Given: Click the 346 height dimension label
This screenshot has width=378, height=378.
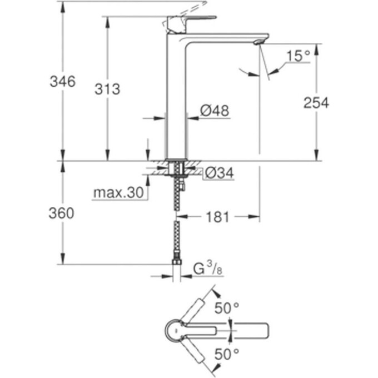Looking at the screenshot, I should tap(62, 82).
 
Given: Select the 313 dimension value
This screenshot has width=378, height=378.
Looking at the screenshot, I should tap(107, 89).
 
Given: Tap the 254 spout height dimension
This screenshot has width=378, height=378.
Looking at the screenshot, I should tap(316, 103).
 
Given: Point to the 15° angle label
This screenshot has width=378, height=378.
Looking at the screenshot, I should tap(298, 56).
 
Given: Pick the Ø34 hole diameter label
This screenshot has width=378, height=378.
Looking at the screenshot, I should tap(218, 174).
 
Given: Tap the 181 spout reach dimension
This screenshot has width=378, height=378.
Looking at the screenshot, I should tap(217, 217).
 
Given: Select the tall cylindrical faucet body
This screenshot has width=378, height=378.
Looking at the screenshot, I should tap(177, 100).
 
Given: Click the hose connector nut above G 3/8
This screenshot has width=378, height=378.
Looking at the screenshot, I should tap(177, 261).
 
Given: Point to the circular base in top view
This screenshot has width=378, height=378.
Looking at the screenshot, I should tap(177, 331).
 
